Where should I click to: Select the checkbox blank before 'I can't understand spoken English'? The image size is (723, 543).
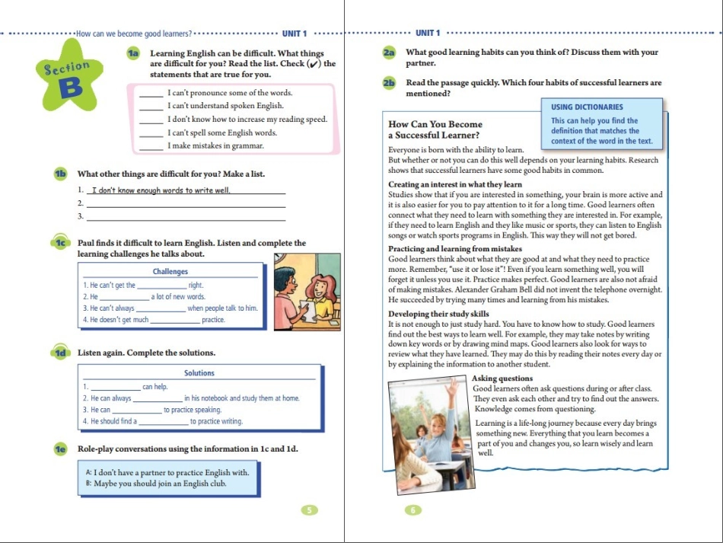152,107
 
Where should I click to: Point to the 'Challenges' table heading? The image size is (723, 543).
170,272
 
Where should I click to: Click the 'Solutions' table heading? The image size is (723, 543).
199,373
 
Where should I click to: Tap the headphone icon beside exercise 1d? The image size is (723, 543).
61,353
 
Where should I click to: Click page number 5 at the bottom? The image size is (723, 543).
308,510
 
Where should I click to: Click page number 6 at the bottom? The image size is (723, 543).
413,510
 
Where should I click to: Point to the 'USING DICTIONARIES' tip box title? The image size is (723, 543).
587,107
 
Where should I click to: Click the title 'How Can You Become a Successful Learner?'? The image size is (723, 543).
435,129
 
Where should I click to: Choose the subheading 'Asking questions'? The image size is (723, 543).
502,379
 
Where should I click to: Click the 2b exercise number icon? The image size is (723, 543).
390,83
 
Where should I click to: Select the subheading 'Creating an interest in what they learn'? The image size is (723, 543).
455,184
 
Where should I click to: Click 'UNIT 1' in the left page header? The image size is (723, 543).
294,34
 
